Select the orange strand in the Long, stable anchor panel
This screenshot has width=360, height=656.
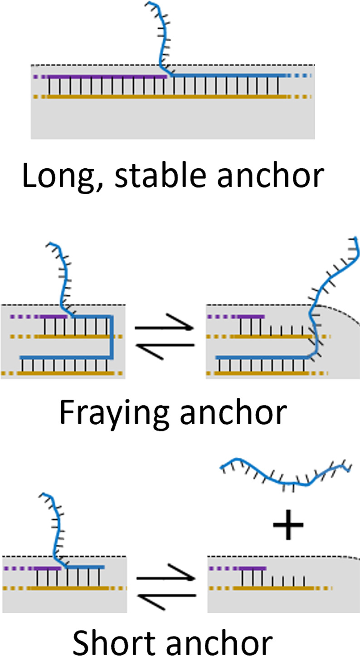(168, 97)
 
